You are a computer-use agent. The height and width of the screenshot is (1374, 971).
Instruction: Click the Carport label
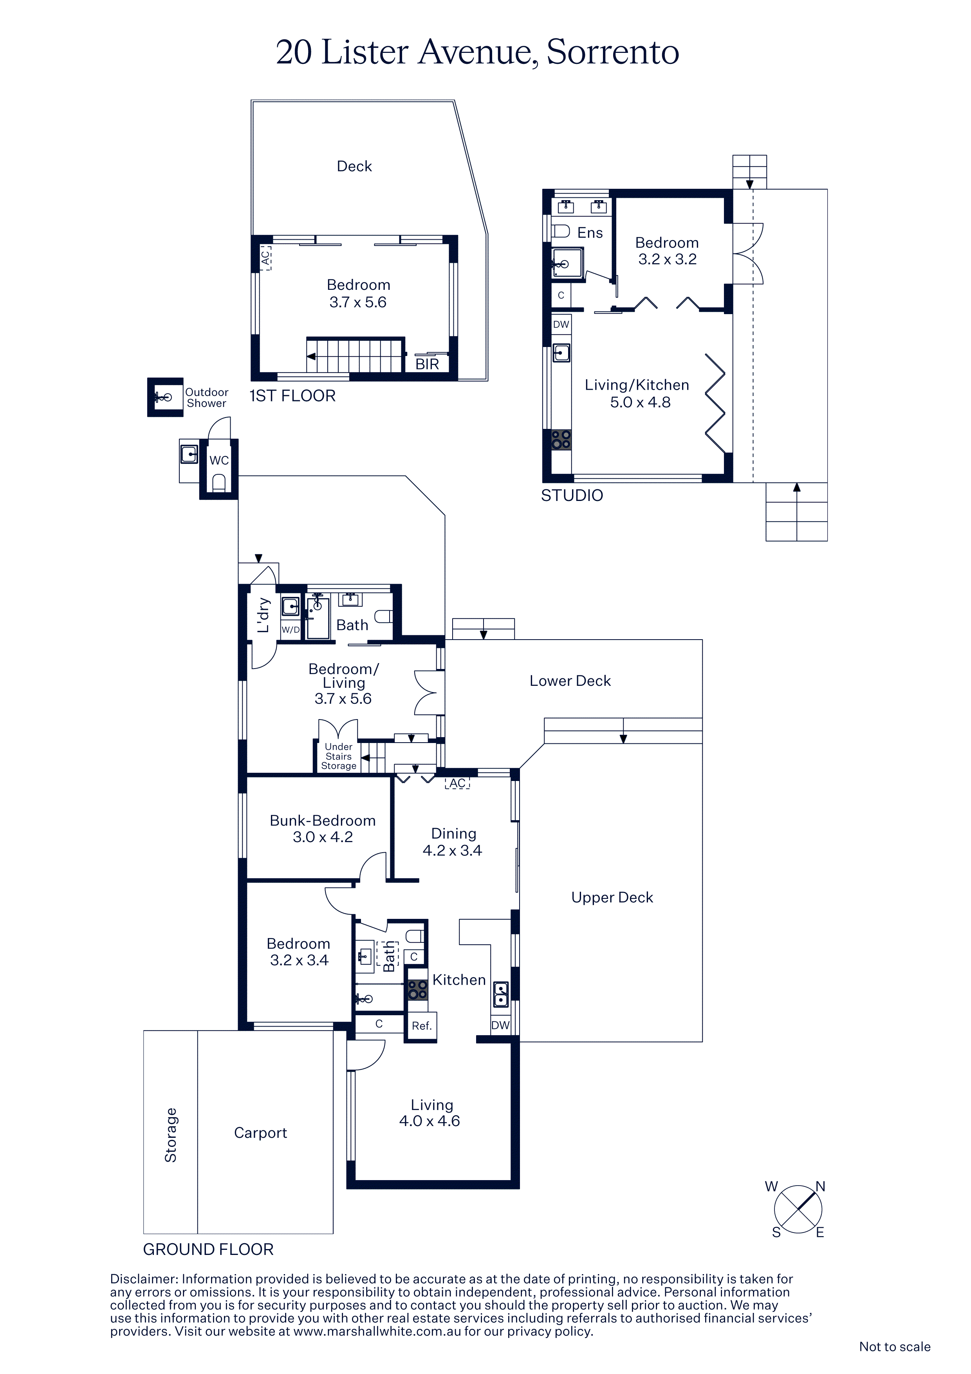(260, 1133)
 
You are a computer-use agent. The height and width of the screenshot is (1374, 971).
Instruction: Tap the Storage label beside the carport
(170, 1135)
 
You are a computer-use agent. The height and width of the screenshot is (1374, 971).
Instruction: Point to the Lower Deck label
(570, 681)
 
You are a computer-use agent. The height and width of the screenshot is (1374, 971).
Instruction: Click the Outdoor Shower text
(206, 398)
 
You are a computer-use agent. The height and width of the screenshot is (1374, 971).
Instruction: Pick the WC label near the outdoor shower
(219, 460)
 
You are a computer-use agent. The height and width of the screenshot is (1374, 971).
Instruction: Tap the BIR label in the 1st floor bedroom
(427, 364)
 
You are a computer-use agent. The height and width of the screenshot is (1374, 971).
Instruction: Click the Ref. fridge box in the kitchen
(421, 1026)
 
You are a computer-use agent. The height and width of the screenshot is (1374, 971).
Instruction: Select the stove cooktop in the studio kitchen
(561, 440)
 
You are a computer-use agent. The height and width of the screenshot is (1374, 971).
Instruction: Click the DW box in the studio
(561, 324)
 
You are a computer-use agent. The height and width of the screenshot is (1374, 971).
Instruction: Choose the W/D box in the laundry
(291, 629)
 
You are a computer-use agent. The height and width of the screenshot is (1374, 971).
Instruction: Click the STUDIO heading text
(572, 495)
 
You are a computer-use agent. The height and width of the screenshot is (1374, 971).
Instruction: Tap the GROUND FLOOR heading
(208, 1249)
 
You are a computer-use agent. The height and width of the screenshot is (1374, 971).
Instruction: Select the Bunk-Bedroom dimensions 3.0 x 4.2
(323, 837)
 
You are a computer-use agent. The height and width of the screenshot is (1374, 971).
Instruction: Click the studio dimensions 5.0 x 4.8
(640, 402)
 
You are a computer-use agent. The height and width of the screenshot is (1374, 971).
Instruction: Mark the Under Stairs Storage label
(339, 756)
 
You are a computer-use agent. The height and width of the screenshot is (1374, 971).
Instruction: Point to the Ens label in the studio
(590, 233)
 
